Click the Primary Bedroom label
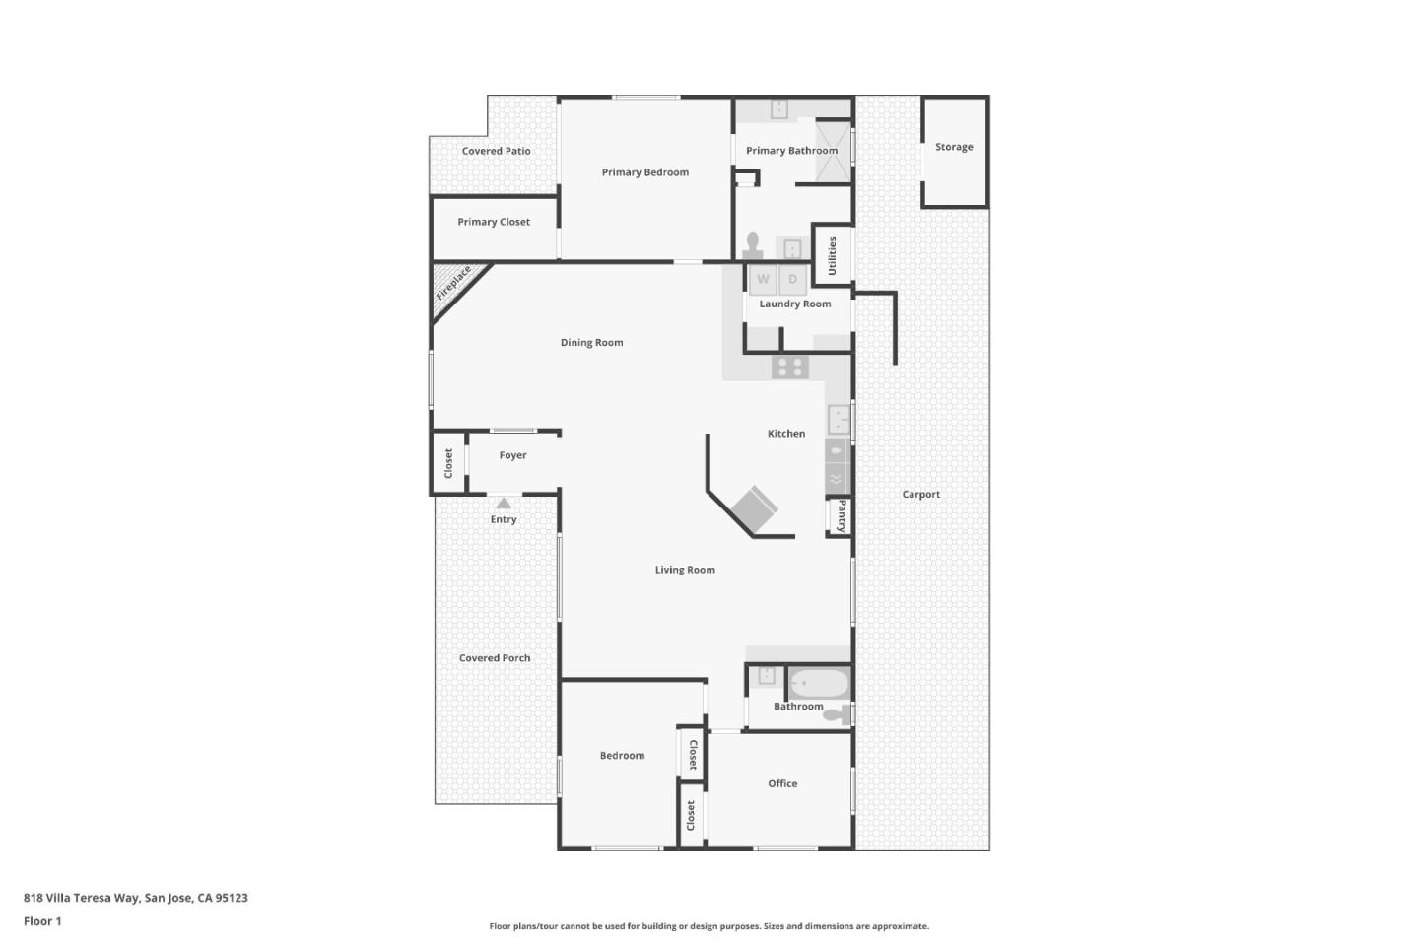(645, 172)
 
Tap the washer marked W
(763, 280)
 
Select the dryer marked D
(792, 280)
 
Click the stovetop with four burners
(789, 368)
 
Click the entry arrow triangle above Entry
(504, 503)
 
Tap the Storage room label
(954, 147)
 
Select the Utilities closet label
(832, 255)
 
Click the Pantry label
(841, 516)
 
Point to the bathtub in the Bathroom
(819, 682)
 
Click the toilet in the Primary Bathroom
(754, 243)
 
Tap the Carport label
(921, 495)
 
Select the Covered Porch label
(495, 658)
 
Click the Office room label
(782, 784)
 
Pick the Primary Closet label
(494, 222)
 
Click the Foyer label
(512, 455)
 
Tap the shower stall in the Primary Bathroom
(833, 151)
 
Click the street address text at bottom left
(136, 898)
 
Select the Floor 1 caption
(42, 921)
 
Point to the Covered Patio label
(496, 151)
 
